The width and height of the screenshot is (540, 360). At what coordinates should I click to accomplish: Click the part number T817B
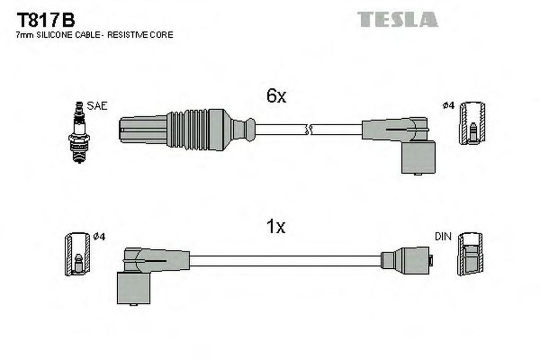coord(46,21)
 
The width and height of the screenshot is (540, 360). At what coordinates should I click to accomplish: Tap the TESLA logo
coord(397,19)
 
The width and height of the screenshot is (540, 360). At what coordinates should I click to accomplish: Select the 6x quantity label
coord(276,96)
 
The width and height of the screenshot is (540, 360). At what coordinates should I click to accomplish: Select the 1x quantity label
coord(276,227)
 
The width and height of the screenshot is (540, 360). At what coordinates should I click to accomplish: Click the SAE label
coord(97,106)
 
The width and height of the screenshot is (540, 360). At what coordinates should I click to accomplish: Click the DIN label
coord(443,236)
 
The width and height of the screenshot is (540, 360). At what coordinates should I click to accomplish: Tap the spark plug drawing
coord(79,132)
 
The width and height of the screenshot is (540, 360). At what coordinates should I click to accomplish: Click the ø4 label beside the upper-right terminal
coord(448,106)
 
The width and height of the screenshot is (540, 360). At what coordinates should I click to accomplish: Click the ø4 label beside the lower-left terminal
coord(99,236)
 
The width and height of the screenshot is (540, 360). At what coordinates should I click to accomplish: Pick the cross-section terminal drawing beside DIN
coord(470,254)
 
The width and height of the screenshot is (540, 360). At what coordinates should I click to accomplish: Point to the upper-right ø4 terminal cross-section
coord(473,123)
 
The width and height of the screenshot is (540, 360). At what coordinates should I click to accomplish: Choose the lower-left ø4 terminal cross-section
coord(78,254)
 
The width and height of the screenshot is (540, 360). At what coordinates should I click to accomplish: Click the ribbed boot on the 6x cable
coord(188,130)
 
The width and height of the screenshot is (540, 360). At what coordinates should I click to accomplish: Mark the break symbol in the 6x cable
coord(308,130)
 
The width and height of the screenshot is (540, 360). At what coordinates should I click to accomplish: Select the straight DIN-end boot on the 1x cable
coord(407,261)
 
